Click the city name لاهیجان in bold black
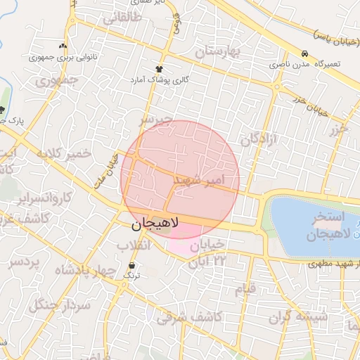(x=155, y=224)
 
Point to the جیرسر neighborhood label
(x=154, y=120)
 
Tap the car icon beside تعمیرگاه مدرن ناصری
(x=304, y=54)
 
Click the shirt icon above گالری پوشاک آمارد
(x=160, y=69)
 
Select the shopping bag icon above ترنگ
(x=131, y=265)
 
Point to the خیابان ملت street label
(x=106, y=172)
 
